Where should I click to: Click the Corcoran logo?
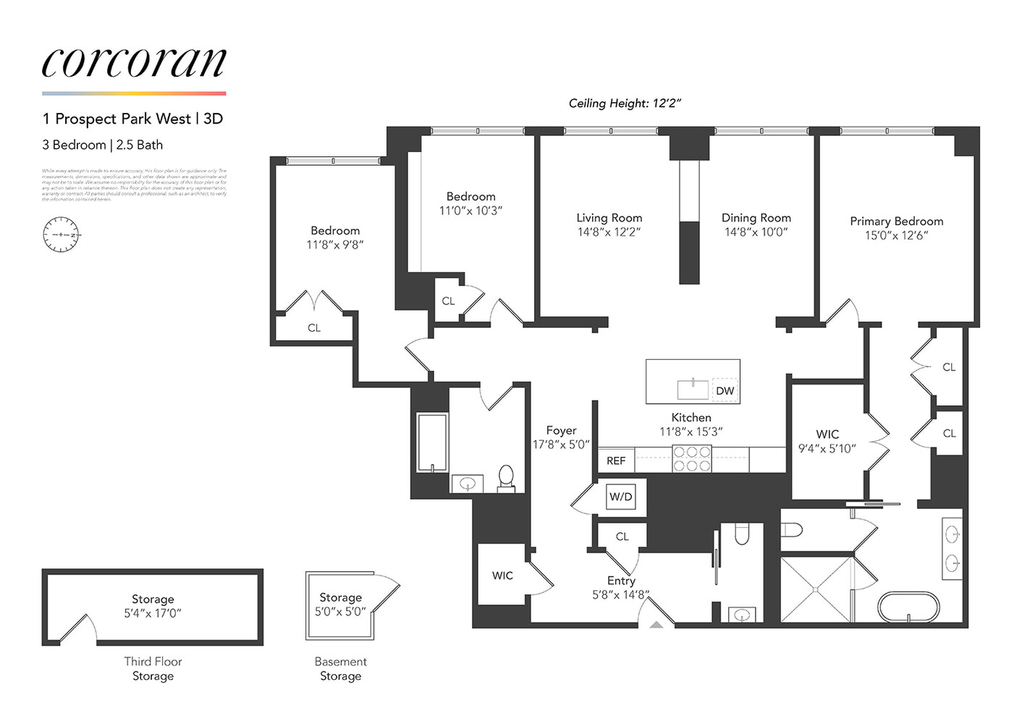tap(134, 64)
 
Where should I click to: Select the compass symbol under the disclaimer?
tap(62, 235)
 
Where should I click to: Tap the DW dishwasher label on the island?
tap(725, 391)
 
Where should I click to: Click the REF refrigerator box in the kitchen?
tap(616, 460)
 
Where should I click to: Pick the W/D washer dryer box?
tap(620, 497)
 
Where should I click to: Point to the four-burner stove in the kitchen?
tap(692, 459)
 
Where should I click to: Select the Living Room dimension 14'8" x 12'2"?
tap(609, 232)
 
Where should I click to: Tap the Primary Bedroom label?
tap(896, 221)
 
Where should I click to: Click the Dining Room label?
tap(756, 217)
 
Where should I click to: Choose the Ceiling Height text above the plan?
tap(625, 104)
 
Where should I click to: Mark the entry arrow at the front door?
tap(656, 623)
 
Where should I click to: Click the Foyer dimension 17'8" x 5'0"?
tap(561, 445)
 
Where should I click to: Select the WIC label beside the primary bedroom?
tap(827, 434)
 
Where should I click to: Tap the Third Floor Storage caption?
tap(153, 668)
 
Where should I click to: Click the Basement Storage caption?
tap(340, 668)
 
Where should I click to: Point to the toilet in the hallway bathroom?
tap(506, 478)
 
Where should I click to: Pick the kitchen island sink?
tap(693, 389)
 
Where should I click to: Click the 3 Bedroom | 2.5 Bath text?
tap(102, 145)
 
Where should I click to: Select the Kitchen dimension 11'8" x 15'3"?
tap(691, 432)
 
